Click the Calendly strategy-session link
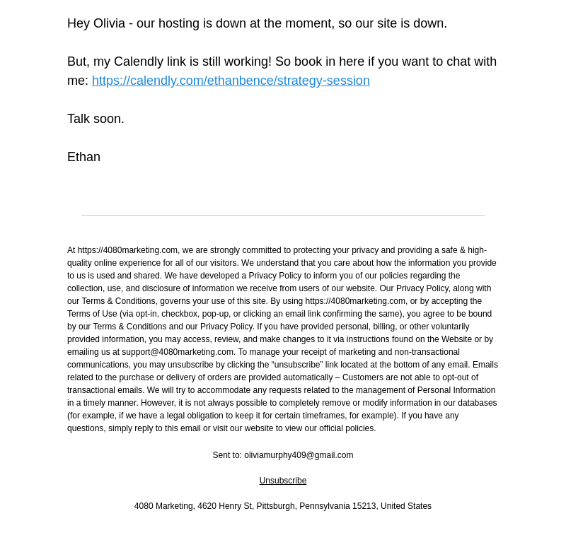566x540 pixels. [x=231, y=81]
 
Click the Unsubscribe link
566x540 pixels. [x=282, y=481]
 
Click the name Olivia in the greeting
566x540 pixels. [x=109, y=23]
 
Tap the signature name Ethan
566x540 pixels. [x=83, y=157]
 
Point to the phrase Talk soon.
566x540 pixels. [x=96, y=119]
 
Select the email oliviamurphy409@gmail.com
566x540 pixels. [x=299, y=455]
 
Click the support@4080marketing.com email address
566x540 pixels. [x=178, y=352]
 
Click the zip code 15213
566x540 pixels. [x=364, y=506]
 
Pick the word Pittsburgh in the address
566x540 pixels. [x=275, y=506]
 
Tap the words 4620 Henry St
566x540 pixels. [x=224, y=506]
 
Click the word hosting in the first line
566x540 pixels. [x=178, y=23]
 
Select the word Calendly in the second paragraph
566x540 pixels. [x=139, y=61]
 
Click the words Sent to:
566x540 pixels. [x=227, y=455]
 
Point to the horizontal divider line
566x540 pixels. [x=283, y=215]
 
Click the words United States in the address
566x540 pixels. [x=406, y=506]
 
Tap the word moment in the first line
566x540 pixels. [x=308, y=23]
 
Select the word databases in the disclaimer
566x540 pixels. [x=477, y=403]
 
